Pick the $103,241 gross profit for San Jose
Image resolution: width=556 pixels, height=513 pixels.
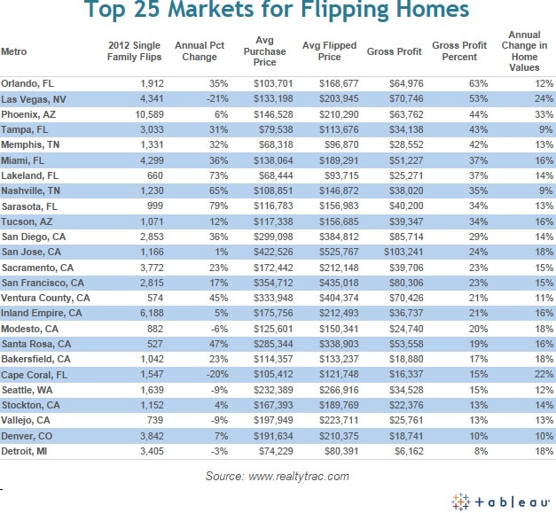pos(395,251)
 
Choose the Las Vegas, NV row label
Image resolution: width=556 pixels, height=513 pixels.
pos(33,98)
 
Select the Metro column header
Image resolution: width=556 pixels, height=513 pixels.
pos(13,51)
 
